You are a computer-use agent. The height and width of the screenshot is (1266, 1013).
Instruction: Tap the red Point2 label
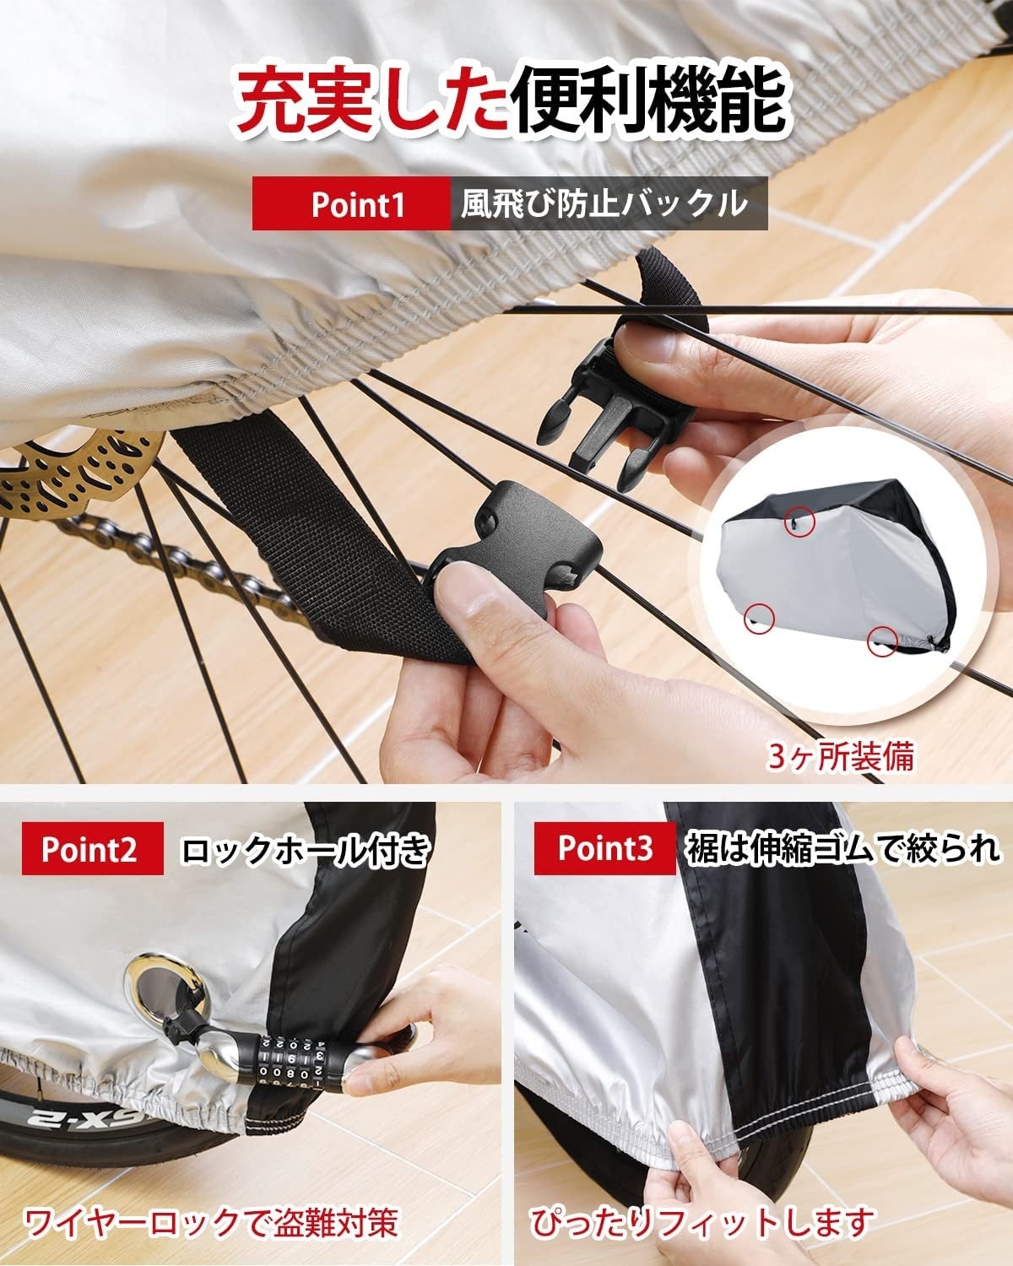pos(92,849)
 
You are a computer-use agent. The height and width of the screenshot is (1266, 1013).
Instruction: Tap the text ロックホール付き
pos(304,849)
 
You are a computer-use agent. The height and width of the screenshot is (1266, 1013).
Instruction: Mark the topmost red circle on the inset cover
pos(799,520)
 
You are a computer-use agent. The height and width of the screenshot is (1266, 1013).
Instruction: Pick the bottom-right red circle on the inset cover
pos(883,640)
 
